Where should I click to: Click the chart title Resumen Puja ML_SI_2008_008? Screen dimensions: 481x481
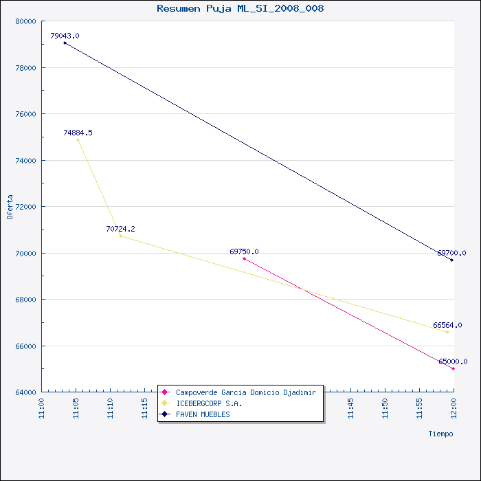[240, 8]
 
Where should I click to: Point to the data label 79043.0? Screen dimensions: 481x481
[65, 36]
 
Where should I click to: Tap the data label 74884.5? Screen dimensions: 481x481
[78, 133]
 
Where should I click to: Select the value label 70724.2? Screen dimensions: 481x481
[120, 229]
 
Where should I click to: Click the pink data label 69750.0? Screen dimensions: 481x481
[244, 251]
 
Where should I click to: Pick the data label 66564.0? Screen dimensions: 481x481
[447, 325]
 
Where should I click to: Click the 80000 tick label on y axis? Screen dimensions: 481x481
[26, 21]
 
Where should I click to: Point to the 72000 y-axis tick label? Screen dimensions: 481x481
[26, 207]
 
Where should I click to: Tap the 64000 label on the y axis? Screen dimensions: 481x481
[26, 392]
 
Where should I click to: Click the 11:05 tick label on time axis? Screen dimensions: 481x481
[76, 409]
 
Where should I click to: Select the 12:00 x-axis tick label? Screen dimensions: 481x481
[454, 409]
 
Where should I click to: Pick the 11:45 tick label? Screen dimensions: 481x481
[350, 409]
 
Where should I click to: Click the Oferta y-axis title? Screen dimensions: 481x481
[10, 207]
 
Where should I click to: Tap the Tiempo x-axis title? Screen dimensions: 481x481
[441, 434]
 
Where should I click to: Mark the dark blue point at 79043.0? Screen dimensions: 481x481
[65, 43]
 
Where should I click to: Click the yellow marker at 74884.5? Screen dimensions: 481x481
[78, 140]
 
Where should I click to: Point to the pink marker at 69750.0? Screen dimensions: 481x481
[244, 258]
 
